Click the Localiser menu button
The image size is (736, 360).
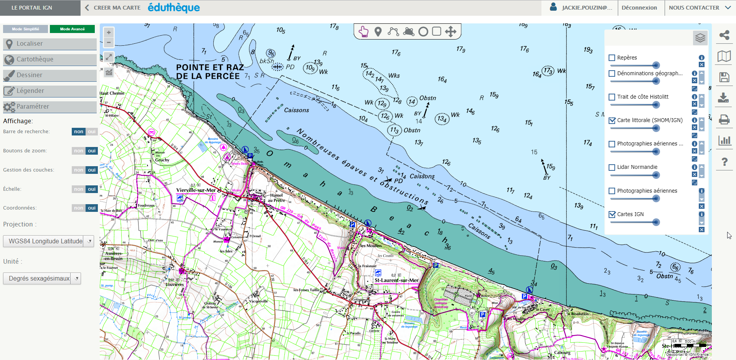(x=50, y=44)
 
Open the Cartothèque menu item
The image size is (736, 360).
(x=50, y=59)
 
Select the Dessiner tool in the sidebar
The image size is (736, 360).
(x=50, y=75)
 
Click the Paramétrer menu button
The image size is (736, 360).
(x=50, y=107)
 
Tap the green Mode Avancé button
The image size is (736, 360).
(x=72, y=29)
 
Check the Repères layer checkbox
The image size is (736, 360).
(x=612, y=58)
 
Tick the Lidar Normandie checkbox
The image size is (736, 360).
(x=612, y=167)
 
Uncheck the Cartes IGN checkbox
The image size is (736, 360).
(x=612, y=215)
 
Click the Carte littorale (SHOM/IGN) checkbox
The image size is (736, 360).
(x=612, y=121)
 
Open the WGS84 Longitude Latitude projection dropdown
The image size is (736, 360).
(x=48, y=241)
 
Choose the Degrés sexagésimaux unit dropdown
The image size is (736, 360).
(x=42, y=278)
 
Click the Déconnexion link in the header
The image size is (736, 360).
(x=639, y=8)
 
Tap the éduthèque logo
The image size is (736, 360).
(x=174, y=8)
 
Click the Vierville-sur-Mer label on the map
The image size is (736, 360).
(x=196, y=190)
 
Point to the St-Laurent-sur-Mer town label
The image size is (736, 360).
(x=396, y=280)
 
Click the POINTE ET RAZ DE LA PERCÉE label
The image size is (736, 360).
(x=210, y=72)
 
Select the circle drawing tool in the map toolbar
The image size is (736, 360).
(x=423, y=31)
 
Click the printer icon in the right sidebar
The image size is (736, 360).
(x=724, y=119)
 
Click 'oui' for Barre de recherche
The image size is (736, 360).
(x=91, y=132)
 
